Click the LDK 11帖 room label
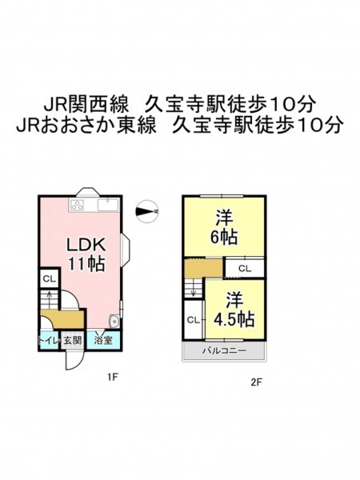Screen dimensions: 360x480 [86, 254]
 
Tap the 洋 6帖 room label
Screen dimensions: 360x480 [224, 226]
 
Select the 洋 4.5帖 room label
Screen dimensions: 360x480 [234, 310]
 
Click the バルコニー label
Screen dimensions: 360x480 [224, 350]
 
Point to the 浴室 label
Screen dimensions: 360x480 [103, 341]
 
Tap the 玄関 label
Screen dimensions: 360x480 [72, 341]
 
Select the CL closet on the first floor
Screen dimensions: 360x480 [49, 279]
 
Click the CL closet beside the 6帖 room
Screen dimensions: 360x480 [245, 269]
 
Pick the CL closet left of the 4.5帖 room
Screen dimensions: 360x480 [194, 320]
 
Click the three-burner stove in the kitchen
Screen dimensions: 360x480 [77, 205]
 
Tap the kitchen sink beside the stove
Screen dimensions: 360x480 [108, 205]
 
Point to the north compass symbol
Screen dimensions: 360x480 [146, 211]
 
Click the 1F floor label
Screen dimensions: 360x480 [112, 377]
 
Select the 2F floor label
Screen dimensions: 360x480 [257, 382]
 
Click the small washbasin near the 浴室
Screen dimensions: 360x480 [114, 322]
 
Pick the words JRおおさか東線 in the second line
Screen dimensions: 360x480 [86, 126]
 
